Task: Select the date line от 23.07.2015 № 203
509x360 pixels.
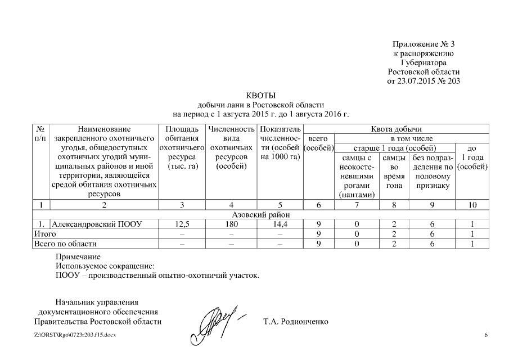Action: pyautogui.click(x=424, y=80)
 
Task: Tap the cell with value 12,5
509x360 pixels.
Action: pyautogui.click(x=182, y=224)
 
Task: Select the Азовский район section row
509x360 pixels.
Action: pyautogui.click(x=260, y=215)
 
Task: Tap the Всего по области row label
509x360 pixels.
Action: pyautogui.click(x=65, y=244)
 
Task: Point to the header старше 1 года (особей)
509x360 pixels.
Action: pyautogui.click(x=395, y=148)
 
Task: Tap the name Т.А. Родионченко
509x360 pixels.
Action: pyautogui.click(x=295, y=322)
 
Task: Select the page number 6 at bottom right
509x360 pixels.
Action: pyautogui.click(x=486, y=336)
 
